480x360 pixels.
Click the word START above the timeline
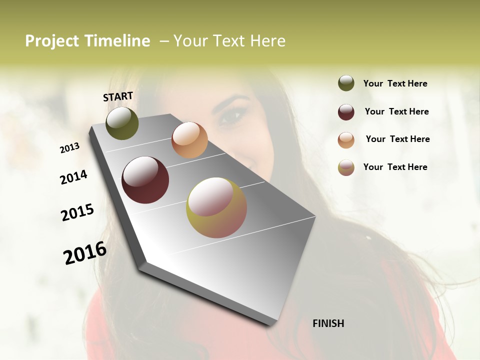coord(118,96)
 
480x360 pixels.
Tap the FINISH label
coord(328,323)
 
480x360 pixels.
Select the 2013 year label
coord(70,148)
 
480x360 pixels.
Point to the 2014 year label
coord(74,177)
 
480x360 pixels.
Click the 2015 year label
coord(77,213)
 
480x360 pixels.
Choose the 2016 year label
coord(85,252)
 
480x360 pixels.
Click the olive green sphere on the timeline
coord(122,123)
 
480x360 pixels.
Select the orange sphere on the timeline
coord(189,140)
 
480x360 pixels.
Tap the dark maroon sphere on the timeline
coord(145,180)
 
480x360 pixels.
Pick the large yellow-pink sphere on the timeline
coord(216,207)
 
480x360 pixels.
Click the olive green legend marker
coord(346,83)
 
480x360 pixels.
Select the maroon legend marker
coord(346,112)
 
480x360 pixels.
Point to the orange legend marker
coord(346,140)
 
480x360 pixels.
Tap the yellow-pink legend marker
coord(346,167)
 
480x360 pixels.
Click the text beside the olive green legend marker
coord(395,83)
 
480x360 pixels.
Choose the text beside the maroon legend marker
coord(396,111)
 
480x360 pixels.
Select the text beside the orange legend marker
coord(397,139)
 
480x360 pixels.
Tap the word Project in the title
coord(52,41)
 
